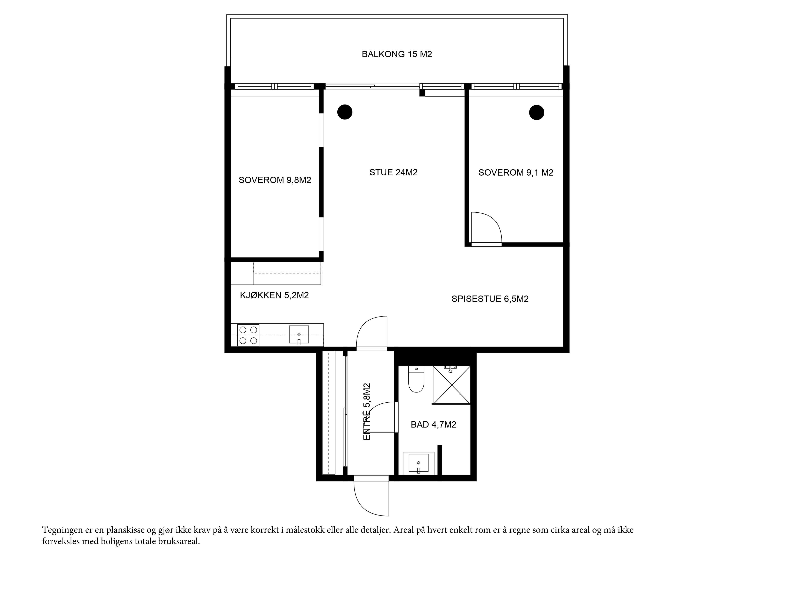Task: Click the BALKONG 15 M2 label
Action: click(x=397, y=54)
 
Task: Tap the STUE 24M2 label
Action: click(x=393, y=173)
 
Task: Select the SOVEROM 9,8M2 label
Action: click(x=275, y=180)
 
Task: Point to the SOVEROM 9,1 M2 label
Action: click(x=516, y=173)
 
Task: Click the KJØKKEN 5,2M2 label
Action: click(x=274, y=295)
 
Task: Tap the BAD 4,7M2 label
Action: click(x=433, y=425)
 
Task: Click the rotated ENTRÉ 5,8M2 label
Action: click(x=367, y=411)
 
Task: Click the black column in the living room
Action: click(x=345, y=112)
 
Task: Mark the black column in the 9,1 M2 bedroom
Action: click(x=536, y=112)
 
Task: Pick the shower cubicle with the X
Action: click(x=451, y=385)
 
